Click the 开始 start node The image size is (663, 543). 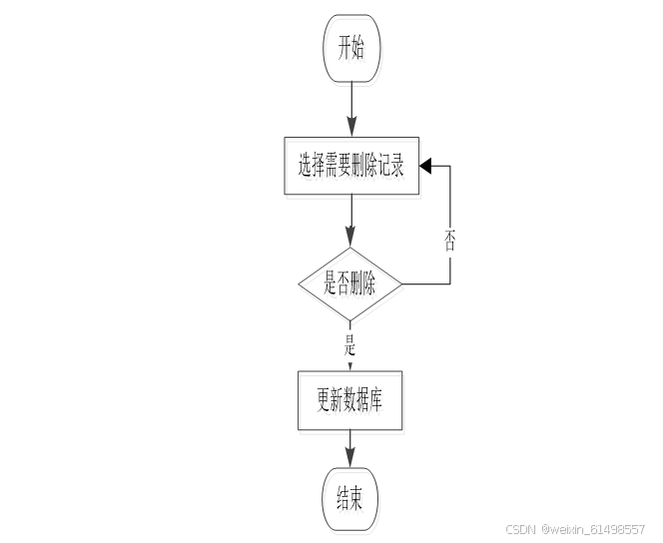point(350,49)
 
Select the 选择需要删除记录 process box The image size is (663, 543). point(350,166)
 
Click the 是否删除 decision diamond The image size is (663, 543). point(350,284)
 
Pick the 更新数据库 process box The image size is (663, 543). point(350,400)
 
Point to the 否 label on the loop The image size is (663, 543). point(450,239)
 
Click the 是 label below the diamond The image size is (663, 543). point(350,346)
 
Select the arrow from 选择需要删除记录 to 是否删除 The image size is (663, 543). point(350,221)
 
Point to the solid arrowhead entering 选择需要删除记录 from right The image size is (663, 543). point(424,166)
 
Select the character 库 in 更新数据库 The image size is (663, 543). point(376,400)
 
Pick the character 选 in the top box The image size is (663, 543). point(307,166)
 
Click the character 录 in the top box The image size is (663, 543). point(396,166)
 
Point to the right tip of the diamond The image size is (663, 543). point(401,284)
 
